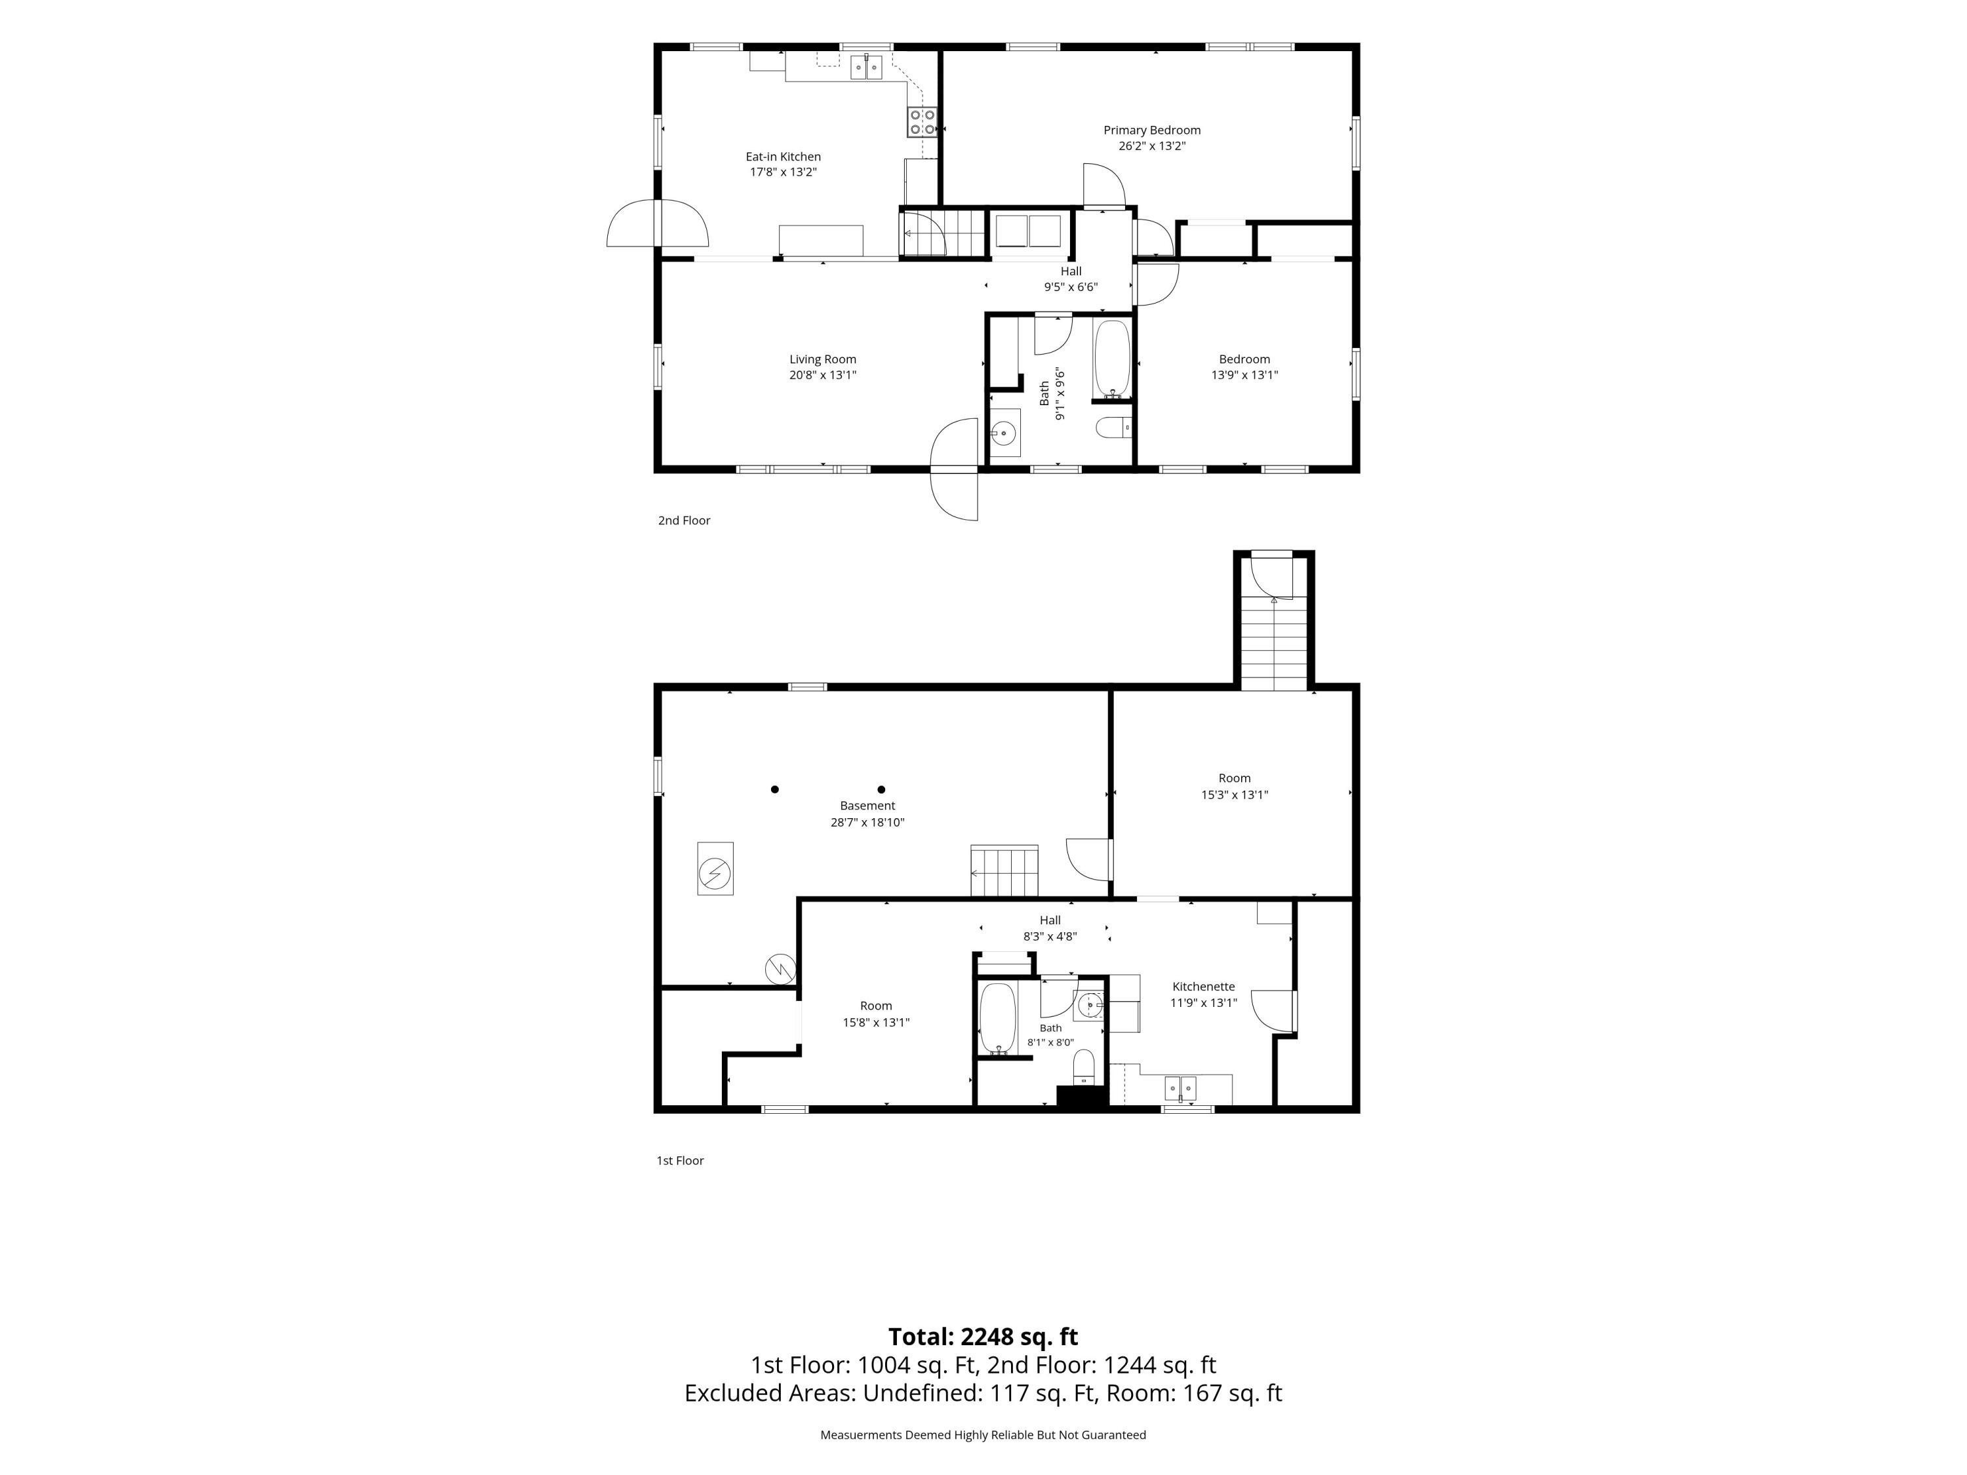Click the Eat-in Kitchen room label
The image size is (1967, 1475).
click(782, 157)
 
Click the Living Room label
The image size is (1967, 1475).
click(823, 359)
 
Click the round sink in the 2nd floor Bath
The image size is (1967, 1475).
click(1004, 433)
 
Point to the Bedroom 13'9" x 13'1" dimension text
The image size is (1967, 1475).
click(1244, 375)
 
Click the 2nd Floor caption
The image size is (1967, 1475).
click(684, 520)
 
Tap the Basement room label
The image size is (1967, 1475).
click(867, 806)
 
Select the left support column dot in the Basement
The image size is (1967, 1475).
click(774, 789)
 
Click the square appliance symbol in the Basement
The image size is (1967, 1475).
click(715, 869)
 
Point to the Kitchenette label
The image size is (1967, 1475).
click(1203, 986)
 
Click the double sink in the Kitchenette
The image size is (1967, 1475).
click(1180, 1088)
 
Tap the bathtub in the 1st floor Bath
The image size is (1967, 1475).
click(997, 1019)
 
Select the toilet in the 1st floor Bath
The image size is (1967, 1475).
click(1084, 1066)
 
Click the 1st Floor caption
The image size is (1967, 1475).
click(681, 1160)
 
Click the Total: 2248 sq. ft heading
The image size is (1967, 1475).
click(983, 1336)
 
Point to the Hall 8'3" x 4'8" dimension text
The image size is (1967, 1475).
click(1050, 936)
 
